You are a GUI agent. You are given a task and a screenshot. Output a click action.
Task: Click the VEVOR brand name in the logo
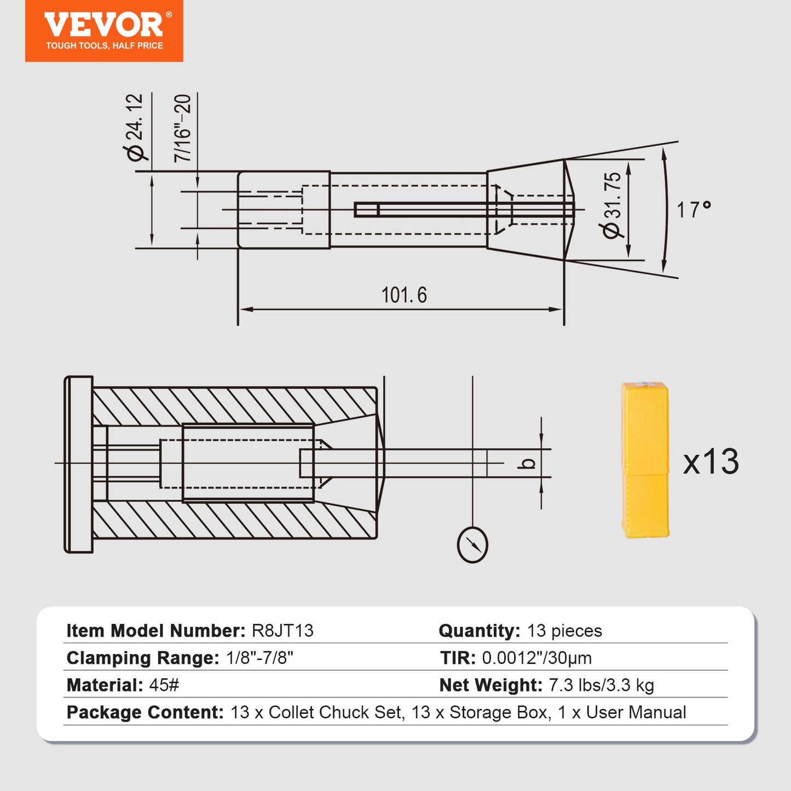click(x=103, y=25)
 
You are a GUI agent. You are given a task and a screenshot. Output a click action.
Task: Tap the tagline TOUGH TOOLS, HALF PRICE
click(x=104, y=46)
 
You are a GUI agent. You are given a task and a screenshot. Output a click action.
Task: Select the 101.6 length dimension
click(x=404, y=295)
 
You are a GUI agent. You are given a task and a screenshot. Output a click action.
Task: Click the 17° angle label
click(x=694, y=210)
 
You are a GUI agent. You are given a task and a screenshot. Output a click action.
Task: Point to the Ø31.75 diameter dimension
click(x=613, y=205)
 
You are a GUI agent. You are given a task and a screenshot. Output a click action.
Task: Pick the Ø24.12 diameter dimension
click(x=135, y=127)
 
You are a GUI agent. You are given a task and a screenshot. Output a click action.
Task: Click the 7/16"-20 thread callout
click(x=183, y=128)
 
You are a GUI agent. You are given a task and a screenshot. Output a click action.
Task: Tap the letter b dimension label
click(x=527, y=464)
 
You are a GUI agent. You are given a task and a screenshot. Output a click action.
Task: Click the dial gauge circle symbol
click(x=472, y=545)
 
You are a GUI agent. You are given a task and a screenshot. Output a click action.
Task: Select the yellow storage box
click(x=645, y=460)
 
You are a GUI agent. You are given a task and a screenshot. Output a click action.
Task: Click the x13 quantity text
click(x=711, y=461)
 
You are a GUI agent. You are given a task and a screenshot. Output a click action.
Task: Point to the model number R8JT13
click(x=282, y=631)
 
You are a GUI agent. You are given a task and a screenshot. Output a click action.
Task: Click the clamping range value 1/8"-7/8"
click(x=259, y=658)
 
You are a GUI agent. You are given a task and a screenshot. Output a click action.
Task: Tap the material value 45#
click(x=164, y=685)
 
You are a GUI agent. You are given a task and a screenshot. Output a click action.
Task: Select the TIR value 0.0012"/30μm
click(x=536, y=658)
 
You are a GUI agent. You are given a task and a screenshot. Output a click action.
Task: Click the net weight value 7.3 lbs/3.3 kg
click(x=601, y=685)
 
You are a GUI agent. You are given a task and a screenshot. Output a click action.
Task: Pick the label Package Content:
click(x=145, y=713)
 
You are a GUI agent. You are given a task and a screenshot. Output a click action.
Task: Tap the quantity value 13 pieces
click(x=564, y=631)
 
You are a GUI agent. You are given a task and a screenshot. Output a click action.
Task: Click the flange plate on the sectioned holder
click(x=79, y=464)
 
